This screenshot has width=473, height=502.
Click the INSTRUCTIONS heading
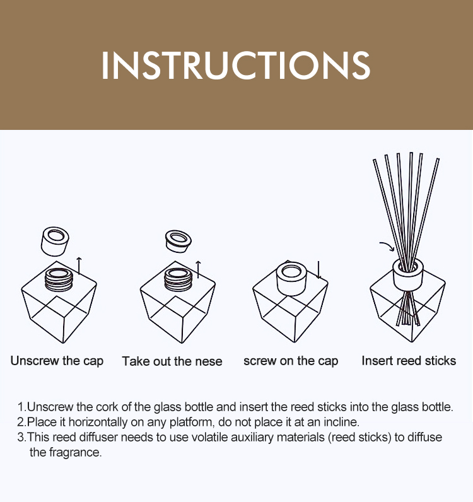click(x=236, y=65)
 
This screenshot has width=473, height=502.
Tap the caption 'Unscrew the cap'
click(x=57, y=361)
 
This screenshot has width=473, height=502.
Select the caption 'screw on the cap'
click(x=291, y=361)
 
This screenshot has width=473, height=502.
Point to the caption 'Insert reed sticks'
click(x=409, y=361)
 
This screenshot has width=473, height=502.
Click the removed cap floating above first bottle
click(x=55, y=242)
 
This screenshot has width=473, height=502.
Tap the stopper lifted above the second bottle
click(x=178, y=241)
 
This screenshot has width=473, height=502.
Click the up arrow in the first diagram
click(x=79, y=266)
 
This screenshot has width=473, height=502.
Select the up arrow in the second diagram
click(x=198, y=269)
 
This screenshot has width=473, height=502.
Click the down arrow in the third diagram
click(x=318, y=269)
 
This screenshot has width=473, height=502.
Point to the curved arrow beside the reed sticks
click(x=387, y=246)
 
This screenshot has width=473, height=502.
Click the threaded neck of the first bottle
click(x=59, y=279)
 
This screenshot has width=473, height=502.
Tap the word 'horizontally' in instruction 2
click(x=98, y=423)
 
